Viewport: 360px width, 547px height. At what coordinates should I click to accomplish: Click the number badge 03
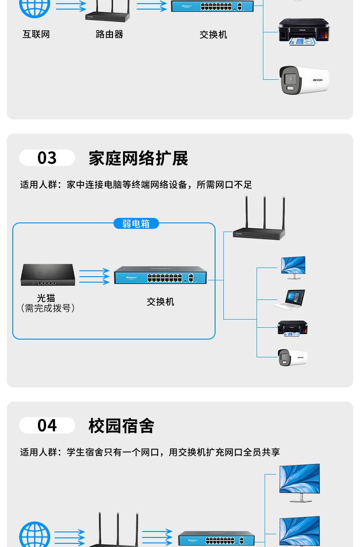[x=47, y=158]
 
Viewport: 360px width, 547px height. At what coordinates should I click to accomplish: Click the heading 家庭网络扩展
[x=138, y=159]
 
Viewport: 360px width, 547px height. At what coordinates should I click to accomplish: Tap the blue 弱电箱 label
[x=136, y=223]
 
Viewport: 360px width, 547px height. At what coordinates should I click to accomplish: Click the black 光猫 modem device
[x=47, y=275]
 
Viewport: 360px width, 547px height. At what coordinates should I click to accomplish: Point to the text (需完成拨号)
[x=48, y=309]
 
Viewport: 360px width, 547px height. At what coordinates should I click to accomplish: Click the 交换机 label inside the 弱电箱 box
[x=160, y=302]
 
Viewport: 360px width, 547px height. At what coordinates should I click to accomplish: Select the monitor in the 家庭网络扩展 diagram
[x=293, y=267]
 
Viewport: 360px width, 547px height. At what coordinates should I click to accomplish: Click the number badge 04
[x=47, y=426]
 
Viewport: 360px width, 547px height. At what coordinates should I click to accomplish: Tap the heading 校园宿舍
[x=121, y=426]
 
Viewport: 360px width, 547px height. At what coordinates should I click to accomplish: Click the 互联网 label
[x=36, y=35]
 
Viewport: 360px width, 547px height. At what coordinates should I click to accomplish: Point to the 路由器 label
[x=109, y=35]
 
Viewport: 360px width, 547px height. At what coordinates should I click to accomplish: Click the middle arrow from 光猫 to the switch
[x=94, y=277]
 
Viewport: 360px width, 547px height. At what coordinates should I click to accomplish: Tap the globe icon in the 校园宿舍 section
[x=35, y=536]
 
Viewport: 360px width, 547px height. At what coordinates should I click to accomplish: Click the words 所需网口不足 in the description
[x=224, y=185]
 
